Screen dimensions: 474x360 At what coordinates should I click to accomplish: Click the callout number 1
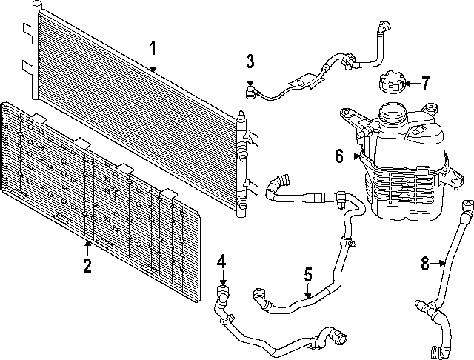(x=153, y=48)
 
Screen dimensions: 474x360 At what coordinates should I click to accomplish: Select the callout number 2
(x=87, y=265)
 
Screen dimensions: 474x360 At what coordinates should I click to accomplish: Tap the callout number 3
(x=250, y=61)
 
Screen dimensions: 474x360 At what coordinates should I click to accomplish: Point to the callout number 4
(x=221, y=261)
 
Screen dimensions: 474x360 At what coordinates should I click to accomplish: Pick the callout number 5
(x=308, y=275)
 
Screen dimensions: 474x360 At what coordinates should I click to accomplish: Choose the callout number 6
(x=339, y=156)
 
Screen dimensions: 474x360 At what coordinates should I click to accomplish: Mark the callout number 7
(x=425, y=83)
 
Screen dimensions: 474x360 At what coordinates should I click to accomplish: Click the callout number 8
(x=425, y=263)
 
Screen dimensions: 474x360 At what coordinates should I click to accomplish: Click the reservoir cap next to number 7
(x=391, y=81)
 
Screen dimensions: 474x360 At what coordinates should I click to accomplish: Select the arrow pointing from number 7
(x=412, y=83)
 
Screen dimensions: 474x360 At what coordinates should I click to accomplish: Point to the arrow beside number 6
(x=353, y=156)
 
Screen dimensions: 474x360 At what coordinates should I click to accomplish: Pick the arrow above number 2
(x=87, y=248)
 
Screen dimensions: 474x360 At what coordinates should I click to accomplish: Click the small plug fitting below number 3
(x=249, y=93)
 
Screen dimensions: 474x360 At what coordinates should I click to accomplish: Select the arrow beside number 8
(x=438, y=264)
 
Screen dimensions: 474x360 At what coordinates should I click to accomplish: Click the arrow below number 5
(x=308, y=290)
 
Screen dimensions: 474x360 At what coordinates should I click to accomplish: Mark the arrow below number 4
(x=223, y=277)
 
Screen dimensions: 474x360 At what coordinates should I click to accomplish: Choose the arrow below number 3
(x=250, y=77)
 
